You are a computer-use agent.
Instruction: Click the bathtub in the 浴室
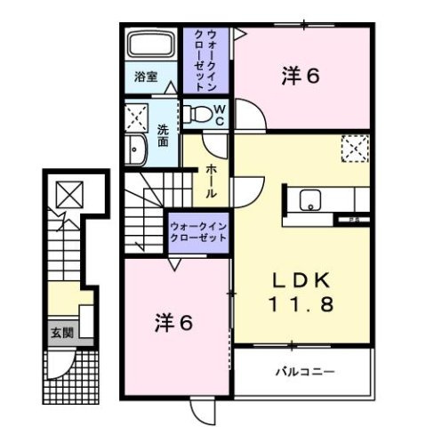coord(149,45)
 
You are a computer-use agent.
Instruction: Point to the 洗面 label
coord(163,135)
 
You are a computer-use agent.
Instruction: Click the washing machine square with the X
coord(139,116)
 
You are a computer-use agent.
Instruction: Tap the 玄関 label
coord(60,334)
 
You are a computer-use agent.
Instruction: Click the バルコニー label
coord(299,370)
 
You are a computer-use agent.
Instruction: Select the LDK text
coord(301,278)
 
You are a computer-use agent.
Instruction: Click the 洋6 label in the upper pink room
coord(301,77)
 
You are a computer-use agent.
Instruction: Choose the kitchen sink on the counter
coord(311,199)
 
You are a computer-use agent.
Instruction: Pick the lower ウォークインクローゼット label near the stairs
coord(198,233)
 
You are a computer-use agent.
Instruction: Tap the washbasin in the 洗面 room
coord(138,151)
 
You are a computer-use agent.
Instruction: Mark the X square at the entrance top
coord(68,191)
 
